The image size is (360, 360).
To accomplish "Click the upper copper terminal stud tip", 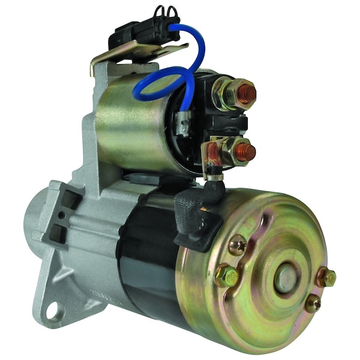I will click(x=246, y=94).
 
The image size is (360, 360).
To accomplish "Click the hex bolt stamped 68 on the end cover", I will click(x=227, y=276).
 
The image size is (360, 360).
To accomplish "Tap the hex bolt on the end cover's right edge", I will click(x=328, y=277).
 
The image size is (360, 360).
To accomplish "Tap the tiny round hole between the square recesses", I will click(x=61, y=214).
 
